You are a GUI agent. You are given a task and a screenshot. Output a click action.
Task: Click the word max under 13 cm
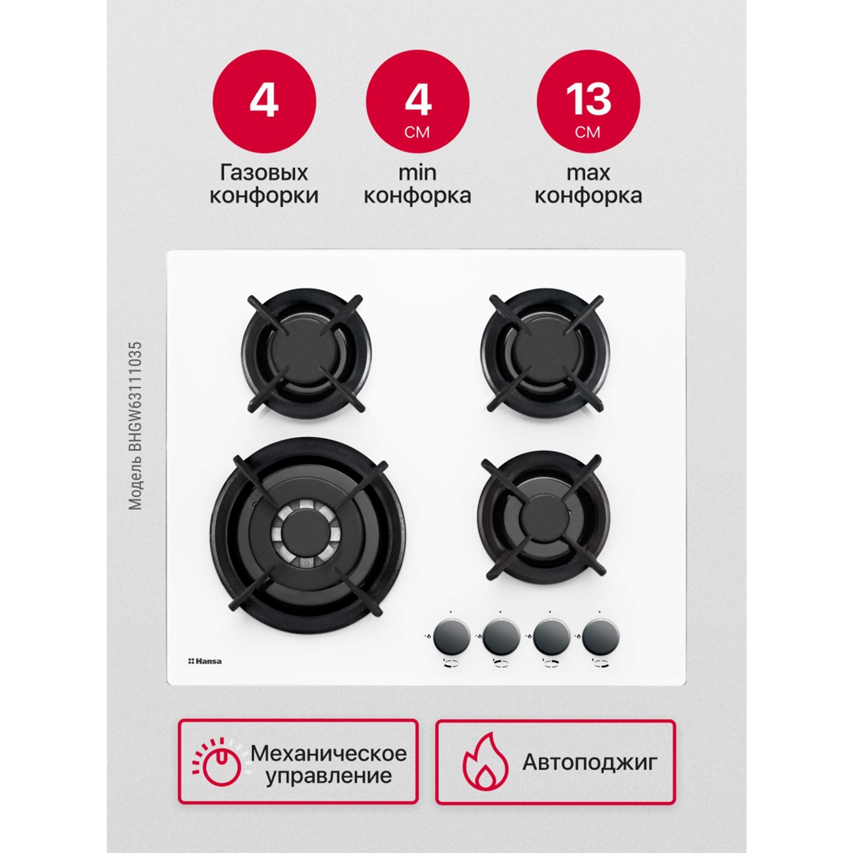[x=588, y=173]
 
